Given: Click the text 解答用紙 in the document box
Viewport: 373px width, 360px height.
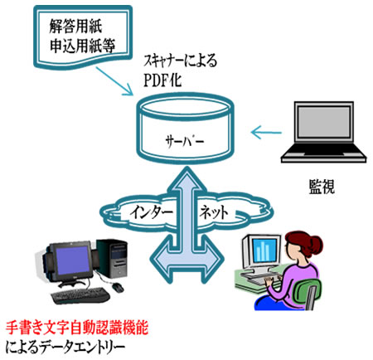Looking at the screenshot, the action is point(76,27).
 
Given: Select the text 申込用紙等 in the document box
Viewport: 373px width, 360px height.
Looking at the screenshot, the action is point(82,46).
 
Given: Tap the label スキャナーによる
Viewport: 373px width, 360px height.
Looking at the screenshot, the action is point(181,61).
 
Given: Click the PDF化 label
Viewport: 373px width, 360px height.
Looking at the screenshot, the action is point(162,80).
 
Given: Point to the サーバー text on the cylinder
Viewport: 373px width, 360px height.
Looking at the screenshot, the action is point(185,141).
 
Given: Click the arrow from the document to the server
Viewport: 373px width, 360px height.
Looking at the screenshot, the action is point(114,81).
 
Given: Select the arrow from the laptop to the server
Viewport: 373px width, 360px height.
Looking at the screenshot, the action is point(266,133).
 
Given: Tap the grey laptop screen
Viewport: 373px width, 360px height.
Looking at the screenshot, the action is point(324,122).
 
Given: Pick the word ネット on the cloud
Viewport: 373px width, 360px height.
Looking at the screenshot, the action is point(215,212).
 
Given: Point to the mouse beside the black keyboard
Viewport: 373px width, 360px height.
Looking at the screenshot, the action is point(119,288).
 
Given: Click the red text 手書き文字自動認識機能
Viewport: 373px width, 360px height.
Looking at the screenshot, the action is point(77,328).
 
